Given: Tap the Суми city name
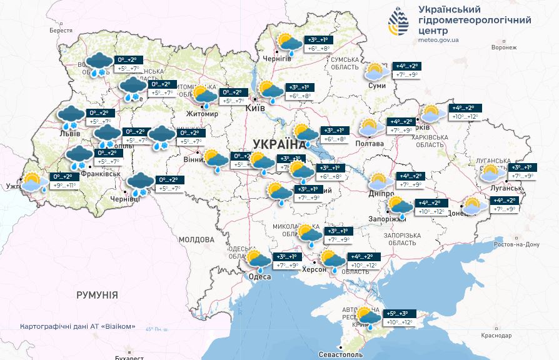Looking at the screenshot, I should click(376, 85).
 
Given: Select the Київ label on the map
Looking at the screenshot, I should click(256, 108).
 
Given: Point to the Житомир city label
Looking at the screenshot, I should click(202, 114).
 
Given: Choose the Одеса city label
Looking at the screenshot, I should click(259, 277).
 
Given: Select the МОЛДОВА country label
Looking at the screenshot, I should click(196, 239).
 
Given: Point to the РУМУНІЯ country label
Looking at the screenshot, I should click(97, 294).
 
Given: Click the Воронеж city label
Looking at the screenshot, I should click(504, 47).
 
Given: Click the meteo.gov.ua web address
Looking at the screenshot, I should click(439, 40).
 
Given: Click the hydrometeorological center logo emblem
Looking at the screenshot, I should click(398, 23).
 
